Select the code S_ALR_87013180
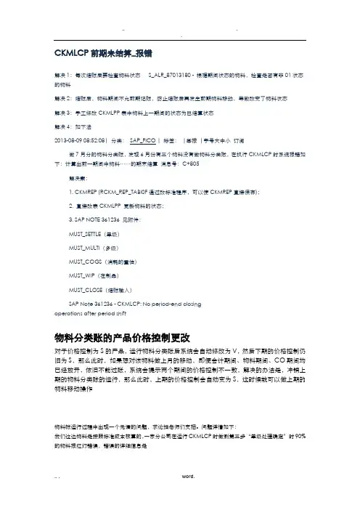(x=171, y=75)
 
